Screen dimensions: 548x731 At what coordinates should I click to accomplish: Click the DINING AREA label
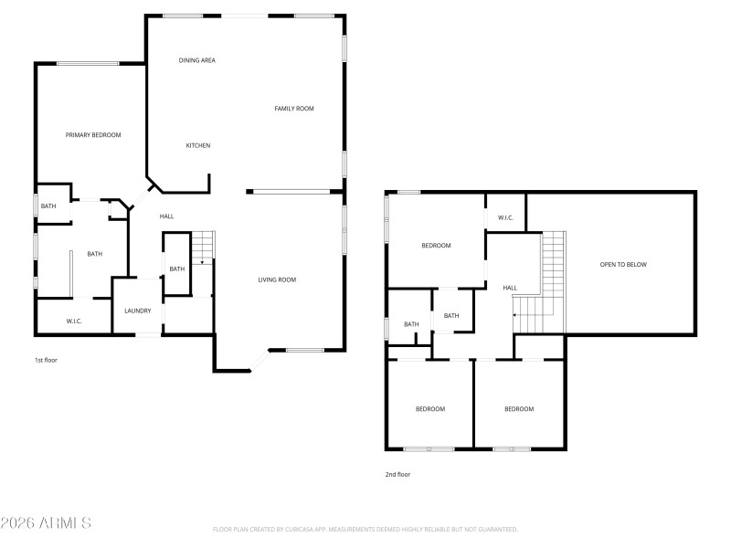point(196,60)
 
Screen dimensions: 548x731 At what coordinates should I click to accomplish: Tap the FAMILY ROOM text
point(294,109)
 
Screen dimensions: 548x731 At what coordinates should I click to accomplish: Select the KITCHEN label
point(198,146)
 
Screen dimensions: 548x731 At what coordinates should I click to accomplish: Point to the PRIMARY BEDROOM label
point(93,135)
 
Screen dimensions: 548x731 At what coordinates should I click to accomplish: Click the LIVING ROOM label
point(276,279)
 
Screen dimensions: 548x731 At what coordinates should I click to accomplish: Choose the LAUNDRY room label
point(137,311)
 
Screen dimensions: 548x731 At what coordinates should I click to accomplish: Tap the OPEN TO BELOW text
point(623,265)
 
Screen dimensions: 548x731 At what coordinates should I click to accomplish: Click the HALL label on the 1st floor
point(166,216)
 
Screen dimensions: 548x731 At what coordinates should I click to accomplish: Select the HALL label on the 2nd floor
point(510,288)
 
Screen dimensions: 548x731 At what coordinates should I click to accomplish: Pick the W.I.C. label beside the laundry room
point(75,321)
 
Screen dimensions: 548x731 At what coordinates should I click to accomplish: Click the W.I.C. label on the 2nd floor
point(506,217)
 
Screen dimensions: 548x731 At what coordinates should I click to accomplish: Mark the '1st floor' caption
point(46,361)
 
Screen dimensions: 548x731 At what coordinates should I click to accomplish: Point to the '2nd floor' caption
point(397,475)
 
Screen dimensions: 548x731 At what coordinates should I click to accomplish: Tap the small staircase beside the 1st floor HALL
point(203,247)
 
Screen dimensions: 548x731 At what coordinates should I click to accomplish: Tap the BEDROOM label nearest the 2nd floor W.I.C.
point(436,246)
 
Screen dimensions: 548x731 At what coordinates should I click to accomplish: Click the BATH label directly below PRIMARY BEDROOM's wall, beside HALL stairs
point(176,269)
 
